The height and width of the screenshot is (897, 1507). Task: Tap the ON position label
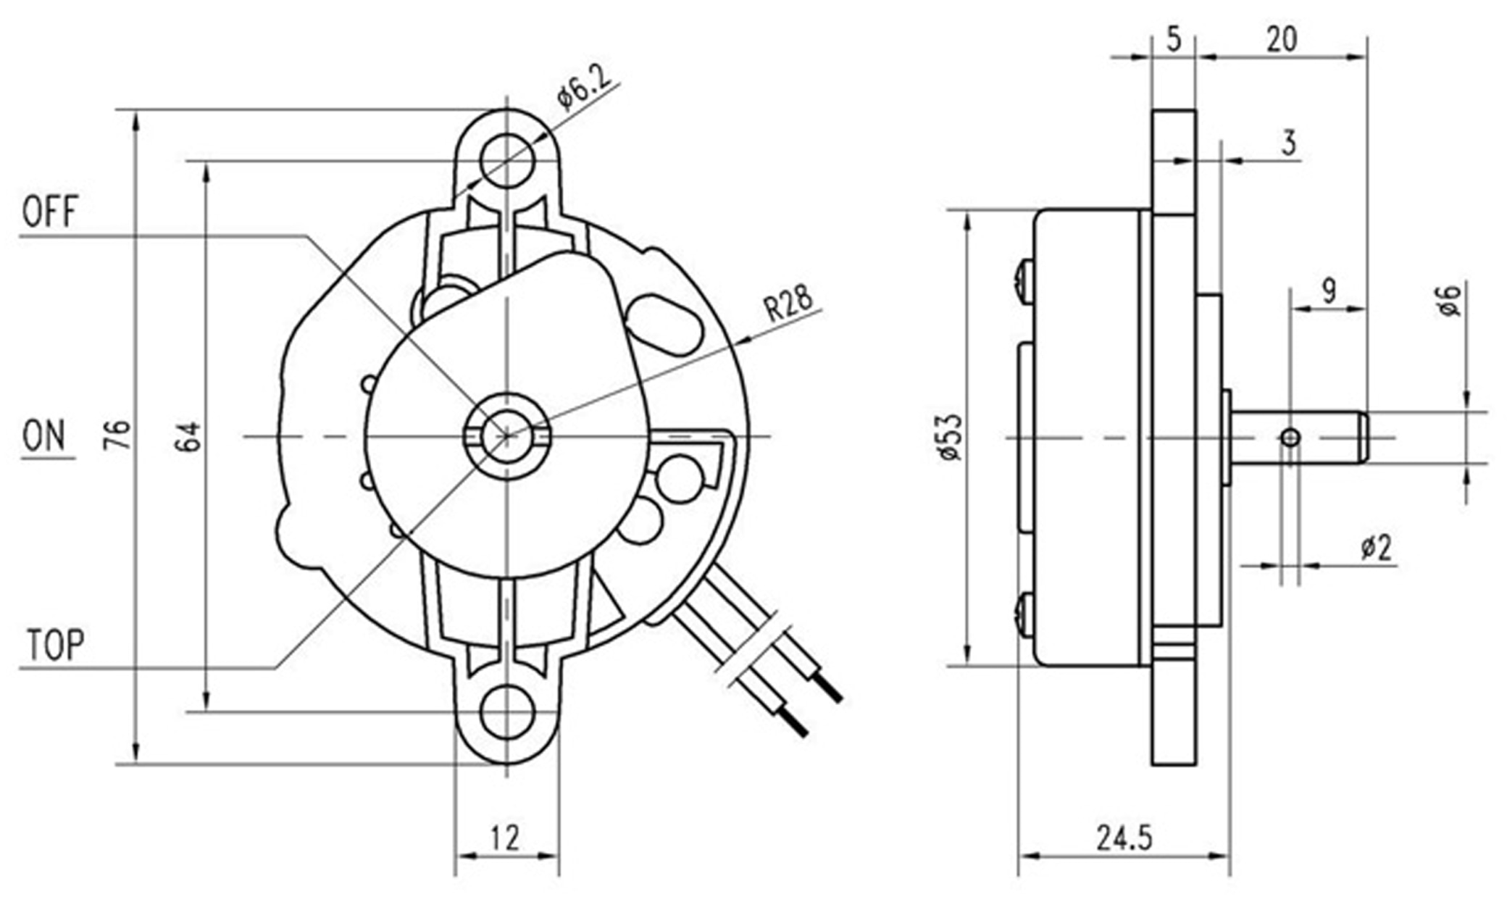[x=43, y=436]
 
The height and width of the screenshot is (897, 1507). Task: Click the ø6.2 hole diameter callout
[x=584, y=86]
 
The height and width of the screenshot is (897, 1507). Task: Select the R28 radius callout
[x=789, y=304]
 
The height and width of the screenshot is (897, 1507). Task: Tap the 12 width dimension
[x=505, y=838]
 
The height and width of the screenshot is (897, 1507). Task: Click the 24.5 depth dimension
[x=1124, y=838]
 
